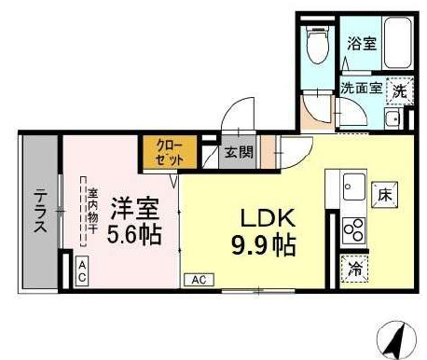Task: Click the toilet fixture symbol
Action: [317, 44]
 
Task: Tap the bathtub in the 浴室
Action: [398, 43]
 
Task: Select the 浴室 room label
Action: [362, 44]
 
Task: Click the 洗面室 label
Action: [361, 89]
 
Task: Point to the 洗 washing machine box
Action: [400, 90]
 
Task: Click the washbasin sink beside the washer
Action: [393, 118]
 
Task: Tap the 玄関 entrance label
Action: [239, 152]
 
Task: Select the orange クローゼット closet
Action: [170, 152]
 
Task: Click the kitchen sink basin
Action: [354, 187]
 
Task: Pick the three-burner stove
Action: [354, 230]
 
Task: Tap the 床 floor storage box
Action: [385, 195]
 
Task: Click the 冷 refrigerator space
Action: [354, 269]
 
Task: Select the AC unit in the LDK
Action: [199, 280]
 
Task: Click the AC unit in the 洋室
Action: [82, 271]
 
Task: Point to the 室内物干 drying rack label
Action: [92, 212]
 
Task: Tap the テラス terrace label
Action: [40, 211]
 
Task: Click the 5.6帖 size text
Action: [134, 234]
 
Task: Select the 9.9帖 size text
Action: [263, 245]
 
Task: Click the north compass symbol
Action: [396, 340]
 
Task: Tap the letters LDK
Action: [268, 218]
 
